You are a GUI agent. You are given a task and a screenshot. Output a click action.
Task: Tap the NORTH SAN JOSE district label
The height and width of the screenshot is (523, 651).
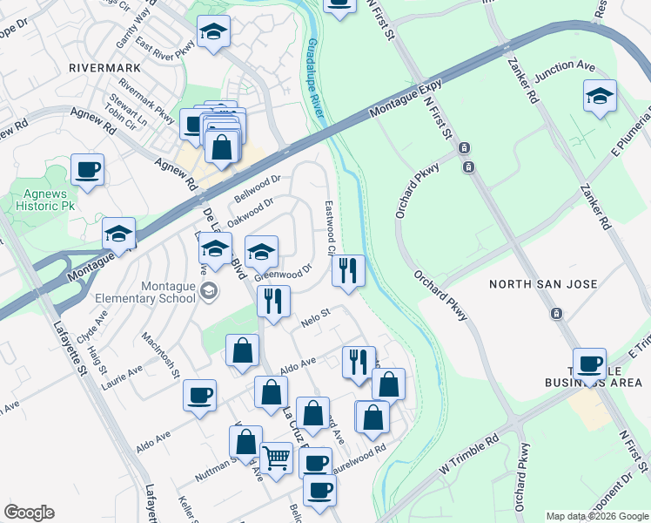click(x=542, y=284)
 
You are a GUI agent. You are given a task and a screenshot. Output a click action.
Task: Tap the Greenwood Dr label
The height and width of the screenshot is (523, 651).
click(x=283, y=274)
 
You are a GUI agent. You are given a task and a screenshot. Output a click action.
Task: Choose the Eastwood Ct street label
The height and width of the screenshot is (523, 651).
click(x=331, y=226)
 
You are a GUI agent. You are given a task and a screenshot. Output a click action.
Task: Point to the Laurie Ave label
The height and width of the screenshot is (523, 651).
click(x=121, y=377)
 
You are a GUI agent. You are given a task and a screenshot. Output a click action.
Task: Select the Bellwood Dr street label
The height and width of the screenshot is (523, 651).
click(x=258, y=187)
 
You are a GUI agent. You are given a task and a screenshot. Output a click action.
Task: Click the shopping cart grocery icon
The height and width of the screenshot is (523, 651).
click(x=276, y=457)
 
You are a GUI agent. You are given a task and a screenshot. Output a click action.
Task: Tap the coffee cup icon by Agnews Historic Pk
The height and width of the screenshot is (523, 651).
click(x=87, y=169)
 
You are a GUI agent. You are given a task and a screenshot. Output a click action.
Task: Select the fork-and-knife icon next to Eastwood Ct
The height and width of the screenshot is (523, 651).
click(x=348, y=270)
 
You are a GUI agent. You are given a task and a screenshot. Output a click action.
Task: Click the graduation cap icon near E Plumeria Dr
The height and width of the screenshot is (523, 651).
click(x=600, y=96)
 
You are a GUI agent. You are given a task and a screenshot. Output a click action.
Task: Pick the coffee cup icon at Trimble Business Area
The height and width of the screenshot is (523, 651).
click(x=589, y=363)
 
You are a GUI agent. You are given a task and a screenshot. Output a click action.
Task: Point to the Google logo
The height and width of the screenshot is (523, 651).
click(x=29, y=513)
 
